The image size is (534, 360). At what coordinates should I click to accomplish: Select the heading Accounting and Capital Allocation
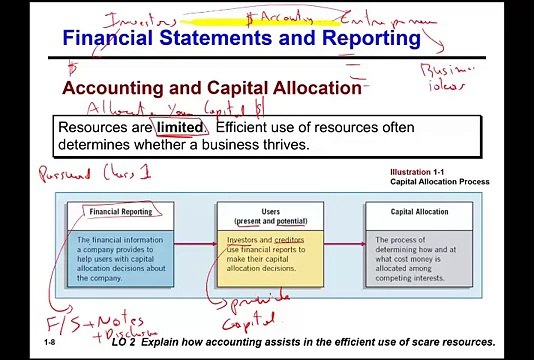(211, 88)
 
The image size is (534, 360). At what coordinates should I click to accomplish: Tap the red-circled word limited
(179, 128)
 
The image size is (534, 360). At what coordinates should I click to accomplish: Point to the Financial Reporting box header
(121, 212)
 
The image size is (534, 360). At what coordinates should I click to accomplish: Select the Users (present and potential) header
(271, 216)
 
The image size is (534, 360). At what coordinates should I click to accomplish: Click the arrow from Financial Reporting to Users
(196, 244)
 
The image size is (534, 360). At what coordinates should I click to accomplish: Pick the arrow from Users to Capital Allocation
(344, 244)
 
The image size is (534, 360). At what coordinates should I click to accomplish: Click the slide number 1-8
(50, 343)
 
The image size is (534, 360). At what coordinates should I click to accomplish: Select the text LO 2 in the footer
(123, 342)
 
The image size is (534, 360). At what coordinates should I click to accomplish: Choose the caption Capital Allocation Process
(439, 183)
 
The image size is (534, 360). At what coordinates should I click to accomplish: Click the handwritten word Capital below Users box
(247, 319)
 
